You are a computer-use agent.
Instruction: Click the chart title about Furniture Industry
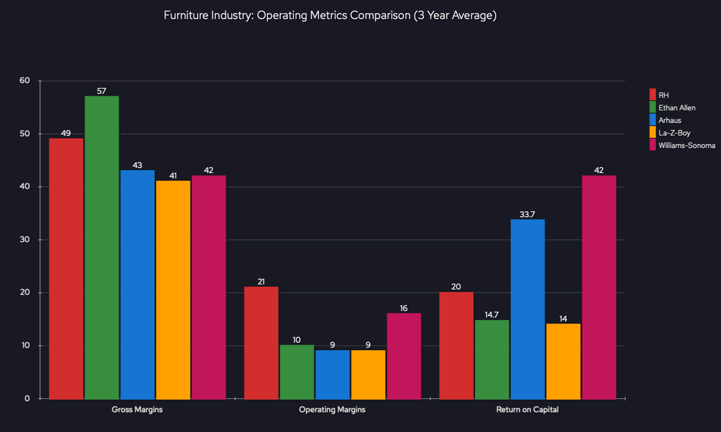pyautogui.click(x=330, y=16)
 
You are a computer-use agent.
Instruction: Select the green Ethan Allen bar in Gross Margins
pyautogui.click(x=101, y=247)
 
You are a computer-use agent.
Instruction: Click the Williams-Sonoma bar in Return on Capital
pyautogui.click(x=599, y=287)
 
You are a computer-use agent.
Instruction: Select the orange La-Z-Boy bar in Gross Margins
pyautogui.click(x=173, y=290)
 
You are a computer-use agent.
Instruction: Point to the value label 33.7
pyautogui.click(x=527, y=215)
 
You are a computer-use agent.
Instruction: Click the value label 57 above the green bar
pyautogui.click(x=101, y=91)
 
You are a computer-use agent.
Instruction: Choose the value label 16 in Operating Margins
pyautogui.click(x=404, y=308)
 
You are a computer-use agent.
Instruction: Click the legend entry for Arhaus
pyautogui.click(x=670, y=120)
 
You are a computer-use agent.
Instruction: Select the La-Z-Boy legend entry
pyautogui.click(x=674, y=133)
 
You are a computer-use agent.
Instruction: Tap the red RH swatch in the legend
pyautogui.click(x=653, y=95)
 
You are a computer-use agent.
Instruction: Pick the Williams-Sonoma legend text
pyautogui.click(x=687, y=145)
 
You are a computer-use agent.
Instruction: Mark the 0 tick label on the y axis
pyautogui.click(x=27, y=399)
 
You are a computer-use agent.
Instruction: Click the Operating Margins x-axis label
pyautogui.click(x=332, y=410)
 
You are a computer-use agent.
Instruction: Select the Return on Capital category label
pyautogui.click(x=527, y=410)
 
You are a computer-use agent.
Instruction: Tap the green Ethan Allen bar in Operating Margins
pyautogui.click(x=297, y=372)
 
